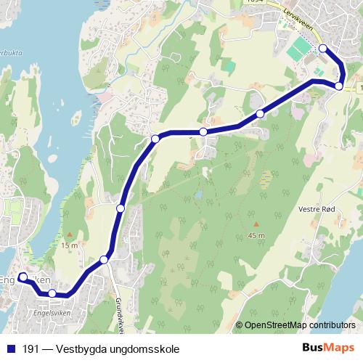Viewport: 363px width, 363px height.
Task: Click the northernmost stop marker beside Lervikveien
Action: pyautogui.click(x=323, y=49)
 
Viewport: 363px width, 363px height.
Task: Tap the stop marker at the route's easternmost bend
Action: pyautogui.click(x=339, y=86)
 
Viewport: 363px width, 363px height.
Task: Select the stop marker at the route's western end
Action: pyautogui.click(x=23, y=277)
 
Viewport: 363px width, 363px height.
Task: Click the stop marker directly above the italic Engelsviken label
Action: pyautogui.click(x=52, y=293)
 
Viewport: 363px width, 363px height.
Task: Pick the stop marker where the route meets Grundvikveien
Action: pyautogui.click(x=105, y=259)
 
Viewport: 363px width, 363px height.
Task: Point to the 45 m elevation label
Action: pyautogui.click(x=256, y=236)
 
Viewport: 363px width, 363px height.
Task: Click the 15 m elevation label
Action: pyautogui.click(x=69, y=245)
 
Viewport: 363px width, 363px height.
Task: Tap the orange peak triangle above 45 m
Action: pyautogui.click(x=256, y=224)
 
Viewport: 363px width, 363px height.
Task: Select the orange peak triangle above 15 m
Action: pyautogui.click(x=69, y=234)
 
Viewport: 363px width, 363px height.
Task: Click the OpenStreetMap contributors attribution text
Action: pyautogui.click(x=299, y=325)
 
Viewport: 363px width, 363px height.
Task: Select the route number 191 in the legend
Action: pyautogui.click(x=31, y=348)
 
